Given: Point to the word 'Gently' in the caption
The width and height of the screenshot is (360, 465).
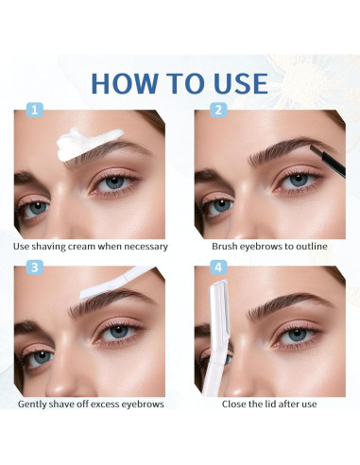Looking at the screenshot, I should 36,404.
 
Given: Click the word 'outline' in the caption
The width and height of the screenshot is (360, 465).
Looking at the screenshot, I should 310,247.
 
